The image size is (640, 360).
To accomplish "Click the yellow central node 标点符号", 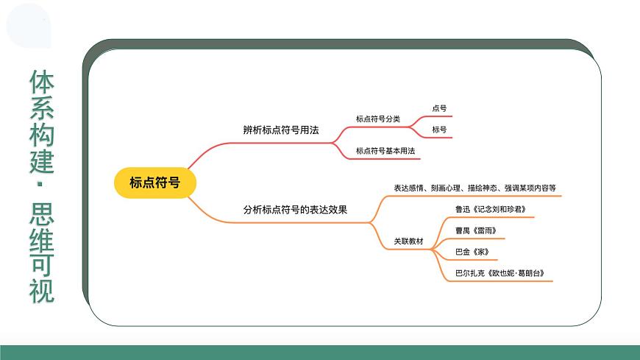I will [154, 183].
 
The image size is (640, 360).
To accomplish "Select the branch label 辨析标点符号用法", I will [281, 130].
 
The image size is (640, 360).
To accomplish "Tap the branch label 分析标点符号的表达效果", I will [295, 209].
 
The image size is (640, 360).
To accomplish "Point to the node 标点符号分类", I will [377, 119].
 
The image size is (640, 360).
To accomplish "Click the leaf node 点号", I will [439, 108].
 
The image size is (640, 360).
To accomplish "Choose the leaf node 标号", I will [439, 130].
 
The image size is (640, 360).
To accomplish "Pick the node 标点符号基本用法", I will [385, 151].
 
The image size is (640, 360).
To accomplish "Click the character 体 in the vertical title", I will [42, 82].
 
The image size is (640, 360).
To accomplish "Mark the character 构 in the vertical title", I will [42, 133].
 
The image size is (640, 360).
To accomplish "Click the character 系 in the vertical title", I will [42, 107].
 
